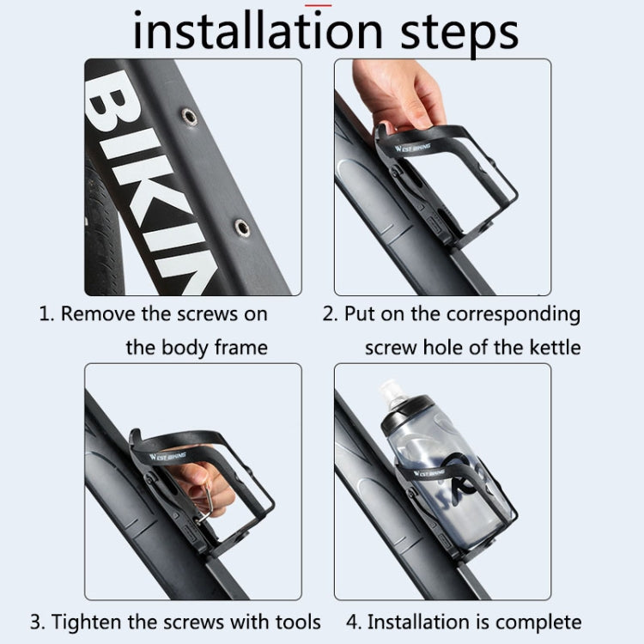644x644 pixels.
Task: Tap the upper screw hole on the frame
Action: point(189,116)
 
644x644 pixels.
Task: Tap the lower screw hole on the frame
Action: point(242,228)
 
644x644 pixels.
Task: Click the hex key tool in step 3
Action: point(205,507)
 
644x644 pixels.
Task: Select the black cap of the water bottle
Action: point(408,415)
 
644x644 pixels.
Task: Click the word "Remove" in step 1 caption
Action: point(99,313)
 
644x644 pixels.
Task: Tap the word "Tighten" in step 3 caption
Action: point(88,622)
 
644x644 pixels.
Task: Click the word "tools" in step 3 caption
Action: point(298,622)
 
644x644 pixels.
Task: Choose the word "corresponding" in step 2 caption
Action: point(513,314)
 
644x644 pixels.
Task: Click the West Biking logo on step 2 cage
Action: point(412,148)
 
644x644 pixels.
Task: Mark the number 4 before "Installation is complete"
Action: point(352,623)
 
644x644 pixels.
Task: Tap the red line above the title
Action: point(319,5)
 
